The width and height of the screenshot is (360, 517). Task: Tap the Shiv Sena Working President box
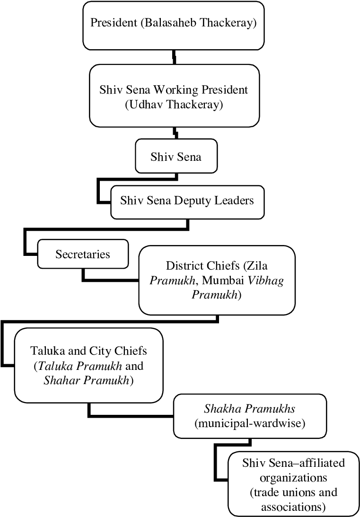(x=174, y=97)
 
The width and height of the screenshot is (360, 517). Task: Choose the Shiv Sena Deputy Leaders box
(x=187, y=201)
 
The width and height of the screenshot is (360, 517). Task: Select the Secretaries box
(x=83, y=254)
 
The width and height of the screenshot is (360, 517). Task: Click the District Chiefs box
(x=217, y=280)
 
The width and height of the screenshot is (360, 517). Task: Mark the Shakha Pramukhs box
(x=250, y=415)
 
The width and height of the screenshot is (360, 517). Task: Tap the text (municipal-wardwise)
(x=250, y=423)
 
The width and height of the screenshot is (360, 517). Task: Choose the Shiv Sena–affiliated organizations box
(x=294, y=485)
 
